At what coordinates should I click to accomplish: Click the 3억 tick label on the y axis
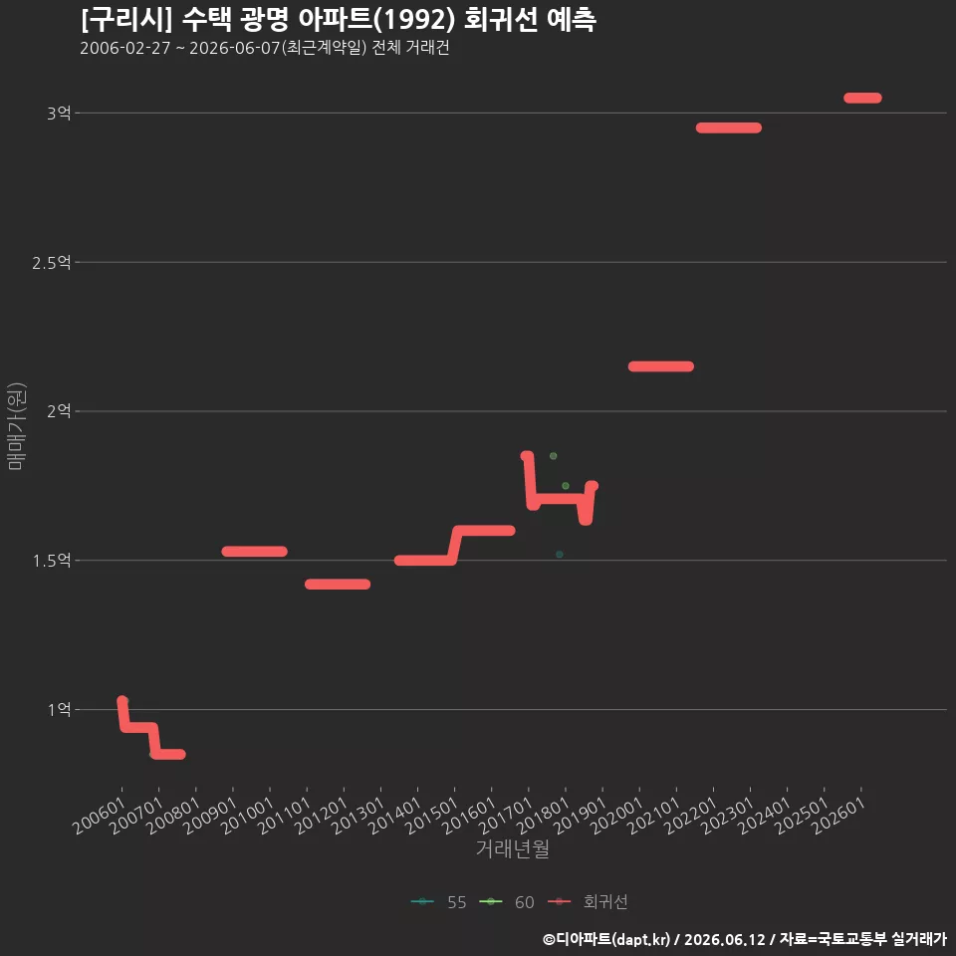pos(59,114)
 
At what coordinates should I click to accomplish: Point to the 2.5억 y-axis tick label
pos(52,263)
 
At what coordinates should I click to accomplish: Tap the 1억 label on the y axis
pos(59,710)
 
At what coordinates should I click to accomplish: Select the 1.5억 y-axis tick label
pos(52,561)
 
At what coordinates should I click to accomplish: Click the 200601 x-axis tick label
pos(100,816)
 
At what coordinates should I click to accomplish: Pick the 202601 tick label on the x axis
pos(838,816)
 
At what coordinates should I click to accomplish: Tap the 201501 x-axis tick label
pos(432,816)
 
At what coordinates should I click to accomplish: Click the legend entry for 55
pos(439,902)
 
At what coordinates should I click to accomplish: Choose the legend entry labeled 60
pos(507,902)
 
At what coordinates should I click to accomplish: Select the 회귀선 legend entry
pos(588,902)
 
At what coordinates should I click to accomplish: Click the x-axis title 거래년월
pos(512,848)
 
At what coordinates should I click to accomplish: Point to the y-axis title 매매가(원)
pos(16,426)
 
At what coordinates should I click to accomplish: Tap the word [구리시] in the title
pos(126,20)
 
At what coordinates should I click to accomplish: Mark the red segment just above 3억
pos(862,98)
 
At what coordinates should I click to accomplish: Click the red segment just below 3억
pos(729,128)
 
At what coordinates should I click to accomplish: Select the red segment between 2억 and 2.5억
pos(661,366)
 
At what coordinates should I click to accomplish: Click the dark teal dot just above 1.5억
pos(559,555)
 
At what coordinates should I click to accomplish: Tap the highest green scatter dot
pos(553,456)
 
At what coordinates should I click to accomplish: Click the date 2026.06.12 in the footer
pos(724,939)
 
